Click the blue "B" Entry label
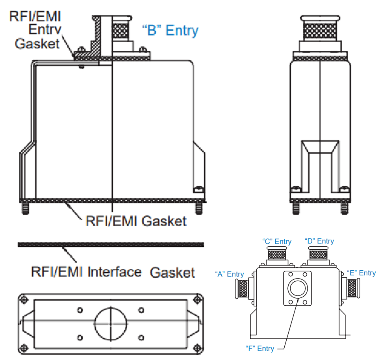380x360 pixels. point(170,30)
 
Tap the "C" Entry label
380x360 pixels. point(277,242)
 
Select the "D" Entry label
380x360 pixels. point(319,241)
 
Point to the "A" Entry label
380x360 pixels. point(230,274)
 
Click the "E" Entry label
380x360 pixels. point(361,273)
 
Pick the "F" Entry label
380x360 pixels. point(260,349)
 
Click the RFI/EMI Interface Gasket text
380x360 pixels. point(113,272)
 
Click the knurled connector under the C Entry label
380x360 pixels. point(278,255)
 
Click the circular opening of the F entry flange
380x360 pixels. point(297,289)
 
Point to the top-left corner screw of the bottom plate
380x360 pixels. point(25,300)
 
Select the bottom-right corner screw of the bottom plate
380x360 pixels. point(196,347)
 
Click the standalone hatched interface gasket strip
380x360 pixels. point(111,245)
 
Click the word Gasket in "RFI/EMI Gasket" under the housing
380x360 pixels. point(164,221)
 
